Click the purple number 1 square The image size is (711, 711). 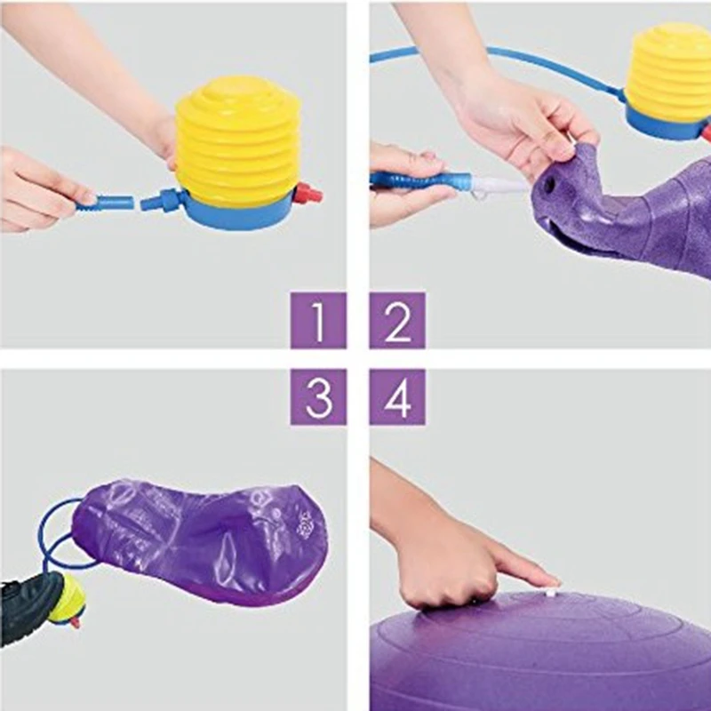pyautogui.click(x=318, y=320)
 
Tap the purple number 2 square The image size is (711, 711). pyautogui.click(x=397, y=320)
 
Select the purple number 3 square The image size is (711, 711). pyautogui.click(x=318, y=396)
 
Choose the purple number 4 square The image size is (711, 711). pyautogui.click(x=397, y=396)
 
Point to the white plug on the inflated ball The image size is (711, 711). pyautogui.click(x=552, y=588)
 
